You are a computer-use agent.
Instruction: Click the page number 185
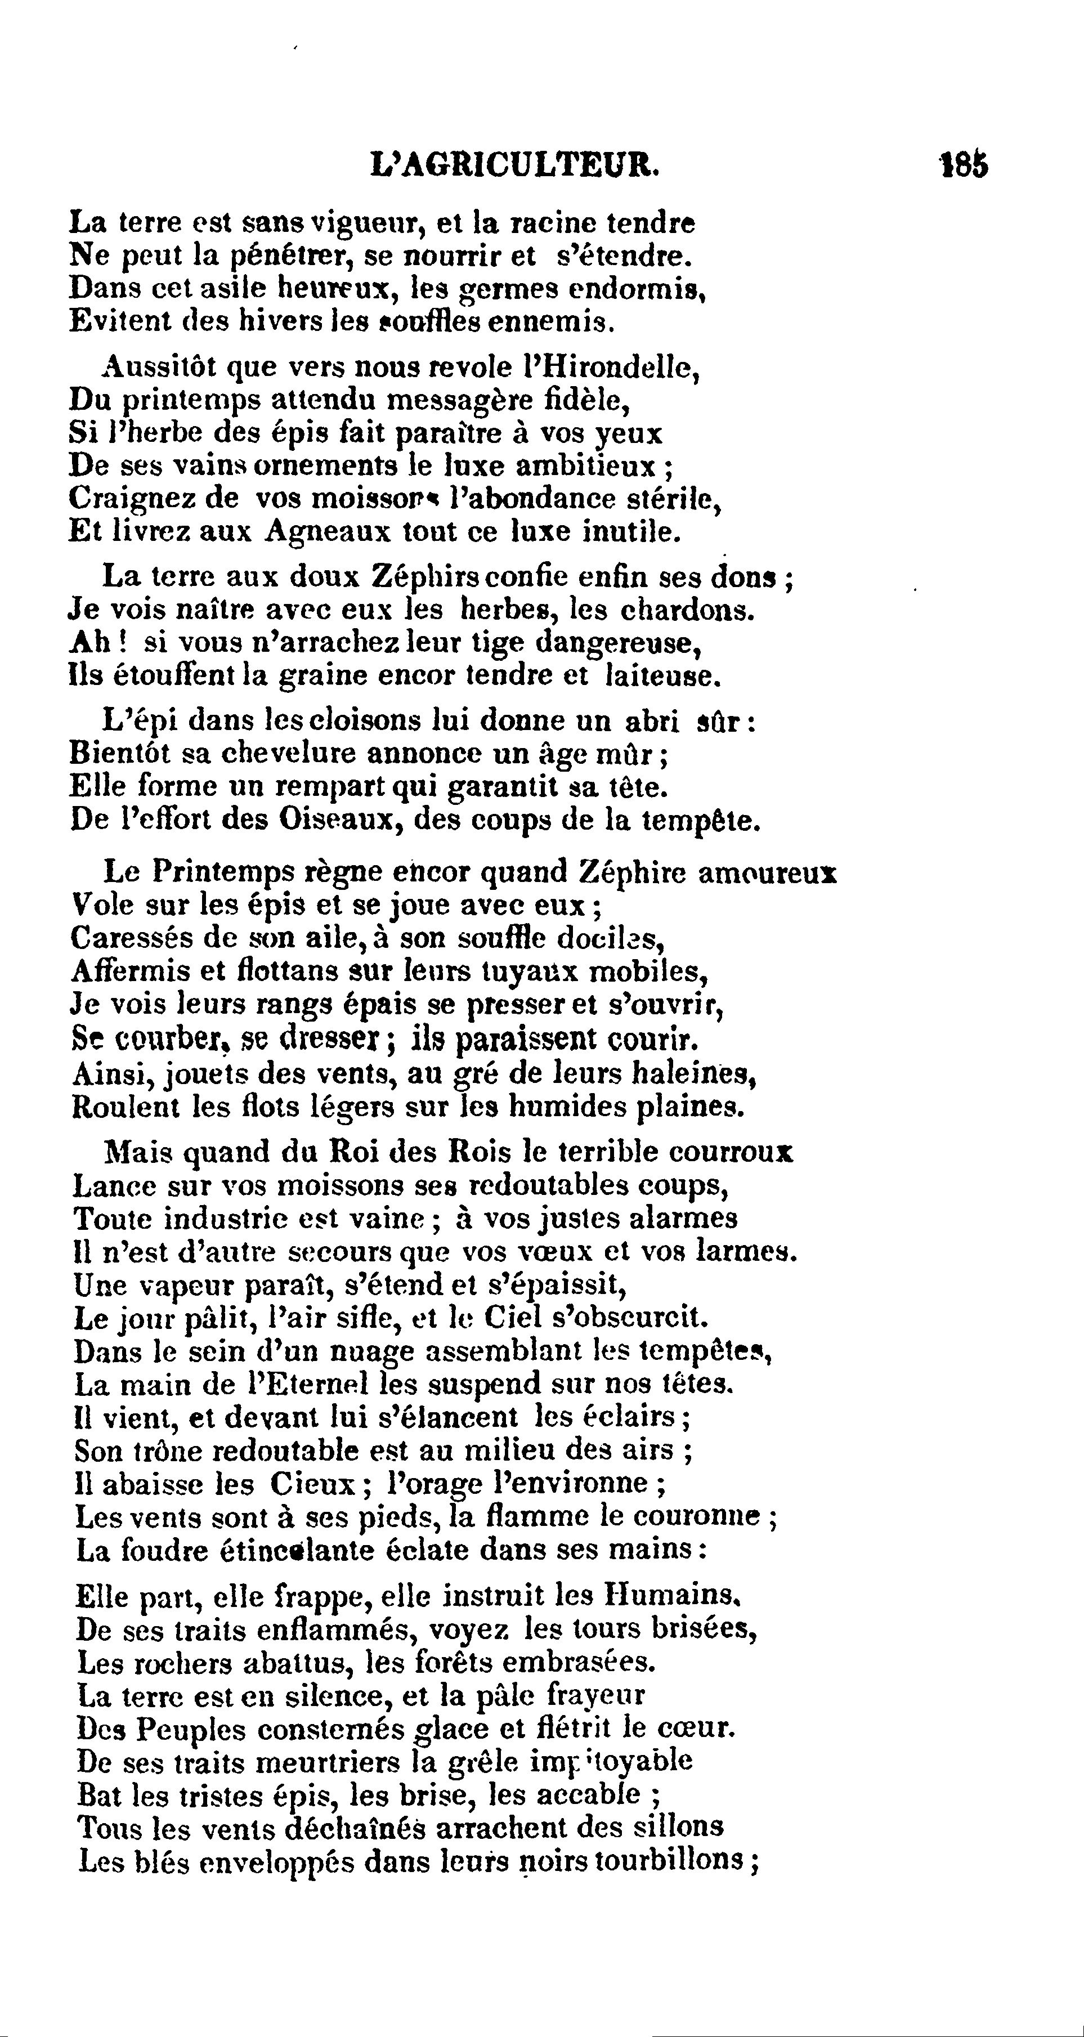tap(964, 165)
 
